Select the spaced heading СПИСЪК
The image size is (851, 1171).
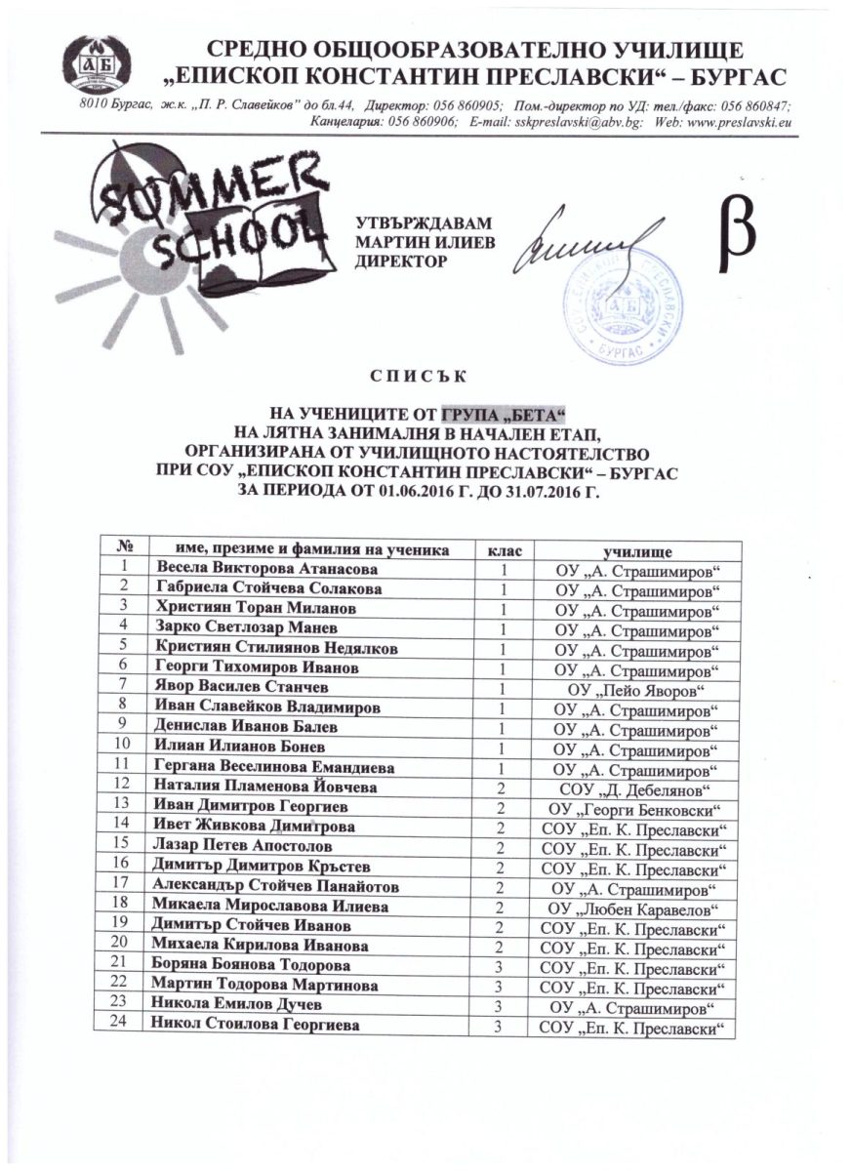425,376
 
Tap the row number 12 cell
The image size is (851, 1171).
124,787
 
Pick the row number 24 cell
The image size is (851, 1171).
124,1025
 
